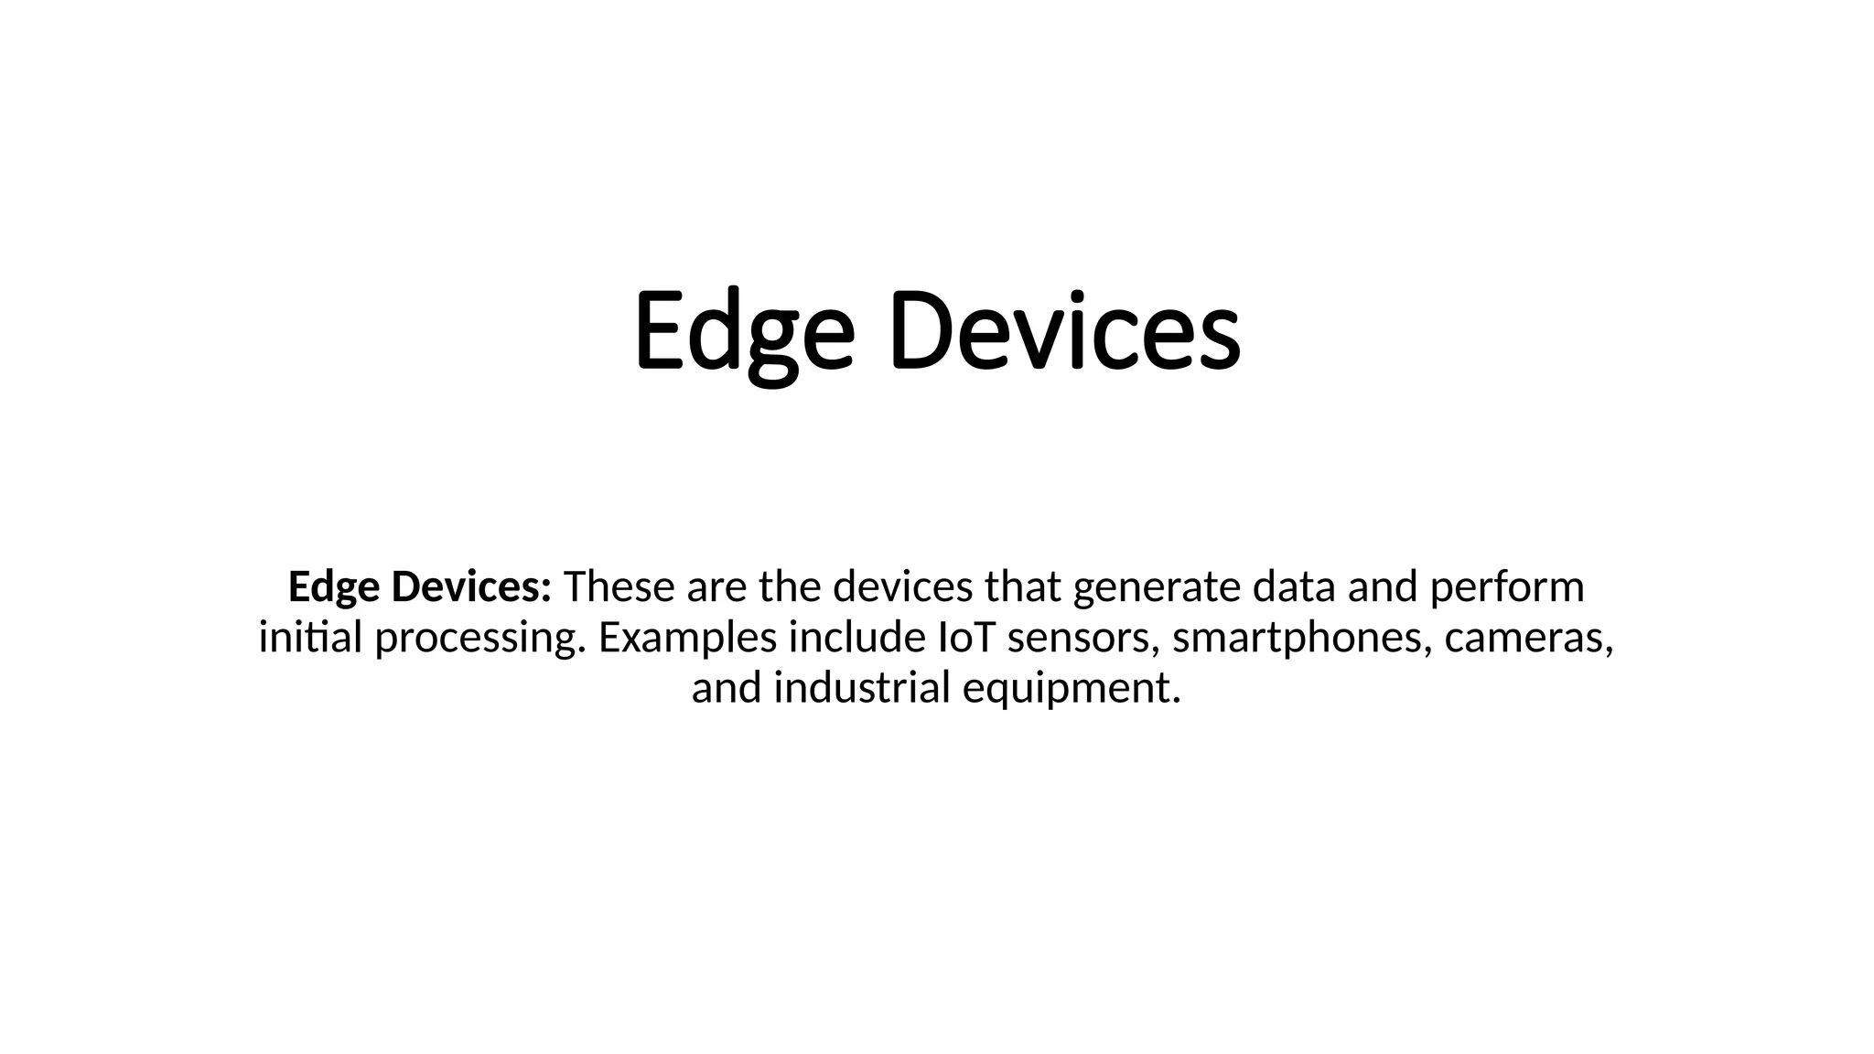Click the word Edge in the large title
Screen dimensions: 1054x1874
pos(744,331)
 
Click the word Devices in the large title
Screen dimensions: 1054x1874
pos(1064,331)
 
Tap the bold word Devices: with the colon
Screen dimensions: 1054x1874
pos(471,587)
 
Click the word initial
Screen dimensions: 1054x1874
pos(311,638)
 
